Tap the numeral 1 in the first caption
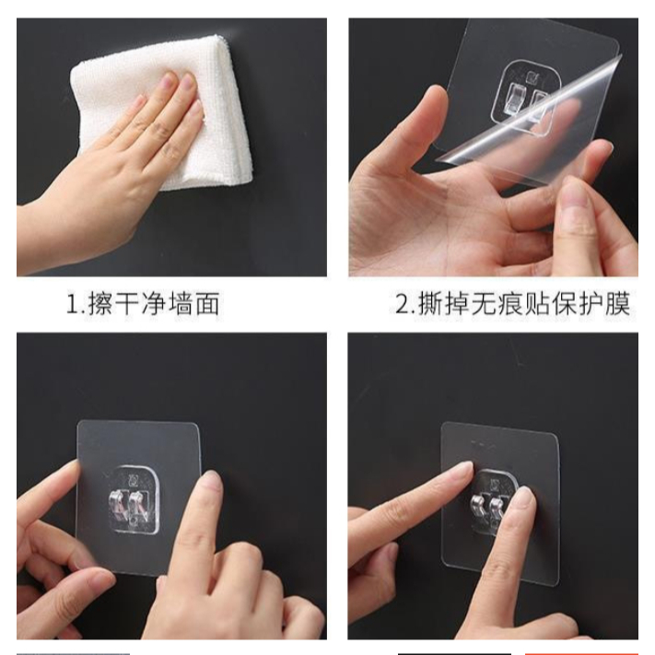pos(72,304)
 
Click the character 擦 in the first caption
pos(99,304)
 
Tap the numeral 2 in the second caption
pos(403,304)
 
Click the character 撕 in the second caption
pos(431,304)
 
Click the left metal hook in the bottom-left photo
pos(118,507)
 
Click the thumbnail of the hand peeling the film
pos(494,147)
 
